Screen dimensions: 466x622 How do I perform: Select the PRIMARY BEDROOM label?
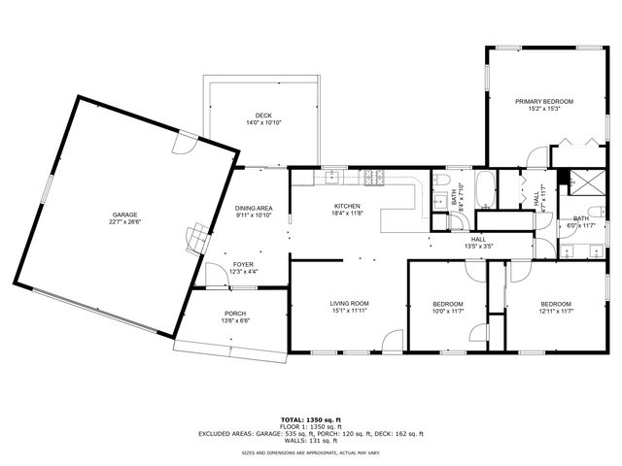click(x=544, y=101)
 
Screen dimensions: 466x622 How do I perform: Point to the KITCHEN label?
click(x=348, y=206)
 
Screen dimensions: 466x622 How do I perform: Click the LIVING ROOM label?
click(x=348, y=304)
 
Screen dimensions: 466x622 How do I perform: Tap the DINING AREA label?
click(x=253, y=208)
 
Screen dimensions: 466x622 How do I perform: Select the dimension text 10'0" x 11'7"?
click(x=448, y=312)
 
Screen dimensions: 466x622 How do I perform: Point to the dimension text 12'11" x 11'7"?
click(x=558, y=312)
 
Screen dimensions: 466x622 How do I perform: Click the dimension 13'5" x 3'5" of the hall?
click(x=478, y=247)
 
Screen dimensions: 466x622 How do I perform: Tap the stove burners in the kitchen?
click(x=374, y=177)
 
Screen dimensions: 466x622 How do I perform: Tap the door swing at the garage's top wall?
click(x=182, y=145)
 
